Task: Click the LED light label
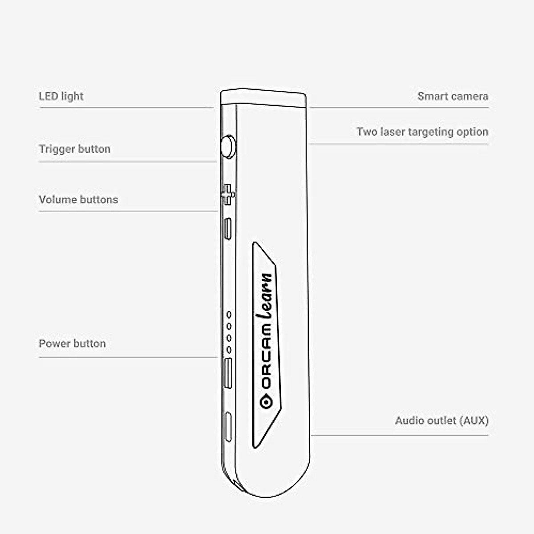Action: click(x=61, y=96)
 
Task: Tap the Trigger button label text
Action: click(x=74, y=149)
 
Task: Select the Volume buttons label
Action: click(x=78, y=199)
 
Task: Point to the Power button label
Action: click(x=72, y=344)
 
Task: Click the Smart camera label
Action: click(x=453, y=96)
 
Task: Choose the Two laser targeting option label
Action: click(x=422, y=132)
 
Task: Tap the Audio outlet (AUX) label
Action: click(x=441, y=421)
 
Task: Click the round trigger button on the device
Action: click(x=228, y=146)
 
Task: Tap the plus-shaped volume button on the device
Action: click(x=228, y=194)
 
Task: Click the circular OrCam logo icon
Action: click(x=266, y=402)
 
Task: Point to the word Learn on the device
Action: click(x=266, y=295)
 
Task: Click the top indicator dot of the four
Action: click(x=229, y=315)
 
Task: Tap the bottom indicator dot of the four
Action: click(x=229, y=350)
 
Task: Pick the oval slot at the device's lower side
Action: click(x=228, y=427)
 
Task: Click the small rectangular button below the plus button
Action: click(x=228, y=229)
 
